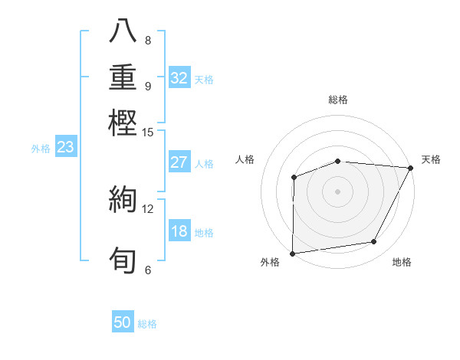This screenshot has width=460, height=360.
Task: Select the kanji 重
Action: click(x=123, y=78)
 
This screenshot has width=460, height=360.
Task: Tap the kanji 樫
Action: click(x=123, y=123)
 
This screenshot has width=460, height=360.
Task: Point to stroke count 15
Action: click(x=148, y=133)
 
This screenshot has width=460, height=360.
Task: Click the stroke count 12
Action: click(x=148, y=208)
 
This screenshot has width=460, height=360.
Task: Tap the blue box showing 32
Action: click(x=179, y=78)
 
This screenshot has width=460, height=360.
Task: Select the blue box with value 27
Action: click(x=179, y=162)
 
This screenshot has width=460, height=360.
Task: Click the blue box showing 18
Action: click(x=179, y=232)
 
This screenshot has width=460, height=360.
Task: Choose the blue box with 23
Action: click(x=65, y=148)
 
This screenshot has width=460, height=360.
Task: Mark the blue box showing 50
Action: click(x=123, y=323)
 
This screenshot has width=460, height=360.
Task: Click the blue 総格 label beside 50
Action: click(x=147, y=324)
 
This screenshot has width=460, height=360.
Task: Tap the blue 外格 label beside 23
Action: click(x=41, y=149)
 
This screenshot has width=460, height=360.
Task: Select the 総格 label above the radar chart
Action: click(x=337, y=100)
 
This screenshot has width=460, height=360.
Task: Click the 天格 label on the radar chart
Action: click(x=431, y=159)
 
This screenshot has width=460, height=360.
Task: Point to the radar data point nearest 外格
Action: click(x=293, y=253)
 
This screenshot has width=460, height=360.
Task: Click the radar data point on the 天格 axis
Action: click(x=410, y=168)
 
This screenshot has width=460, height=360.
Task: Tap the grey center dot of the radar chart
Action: click(x=337, y=191)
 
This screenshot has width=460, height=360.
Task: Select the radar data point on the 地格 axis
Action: click(x=374, y=242)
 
